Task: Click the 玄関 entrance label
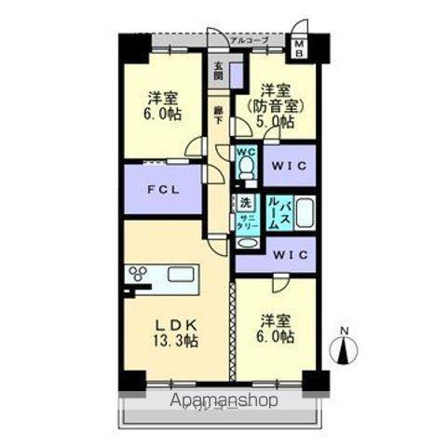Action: [218, 72]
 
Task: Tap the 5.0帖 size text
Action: [276, 121]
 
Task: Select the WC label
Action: [245, 152]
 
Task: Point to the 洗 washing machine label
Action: [245, 202]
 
